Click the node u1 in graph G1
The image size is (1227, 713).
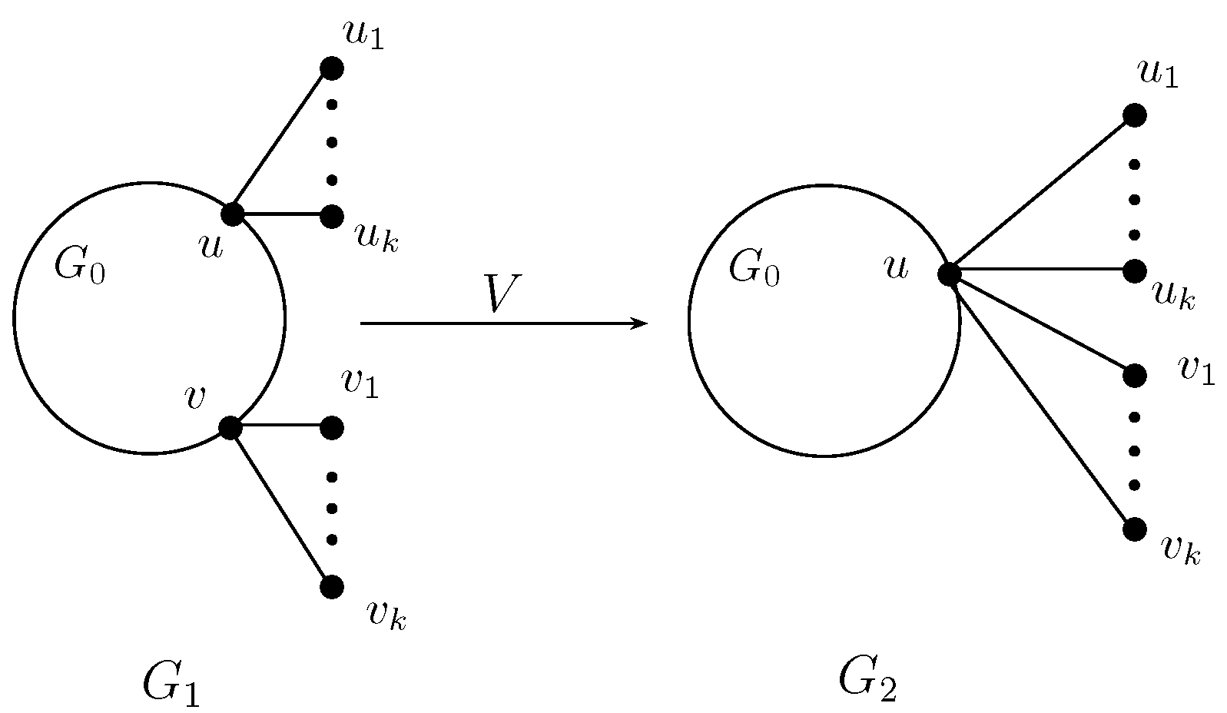click(x=331, y=68)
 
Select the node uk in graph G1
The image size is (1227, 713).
click(x=331, y=217)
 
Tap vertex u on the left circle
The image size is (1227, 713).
click(x=231, y=214)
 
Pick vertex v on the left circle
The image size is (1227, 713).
click(x=230, y=427)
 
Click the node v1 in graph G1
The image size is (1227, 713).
click(x=331, y=427)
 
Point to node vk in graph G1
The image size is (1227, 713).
click(x=331, y=587)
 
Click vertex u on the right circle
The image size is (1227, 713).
click(x=950, y=273)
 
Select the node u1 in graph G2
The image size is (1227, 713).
click(x=1134, y=115)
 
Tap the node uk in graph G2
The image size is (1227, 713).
click(x=1134, y=270)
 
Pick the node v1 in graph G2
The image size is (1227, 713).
click(x=1134, y=376)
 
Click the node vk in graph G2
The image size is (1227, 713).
click(x=1134, y=529)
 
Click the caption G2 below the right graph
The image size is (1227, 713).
click(x=868, y=678)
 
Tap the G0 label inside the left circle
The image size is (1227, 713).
click(x=80, y=265)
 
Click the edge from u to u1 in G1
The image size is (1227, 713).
click(x=281, y=141)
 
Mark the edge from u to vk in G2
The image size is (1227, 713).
click(x=1042, y=401)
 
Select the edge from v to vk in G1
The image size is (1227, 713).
click(x=281, y=507)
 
